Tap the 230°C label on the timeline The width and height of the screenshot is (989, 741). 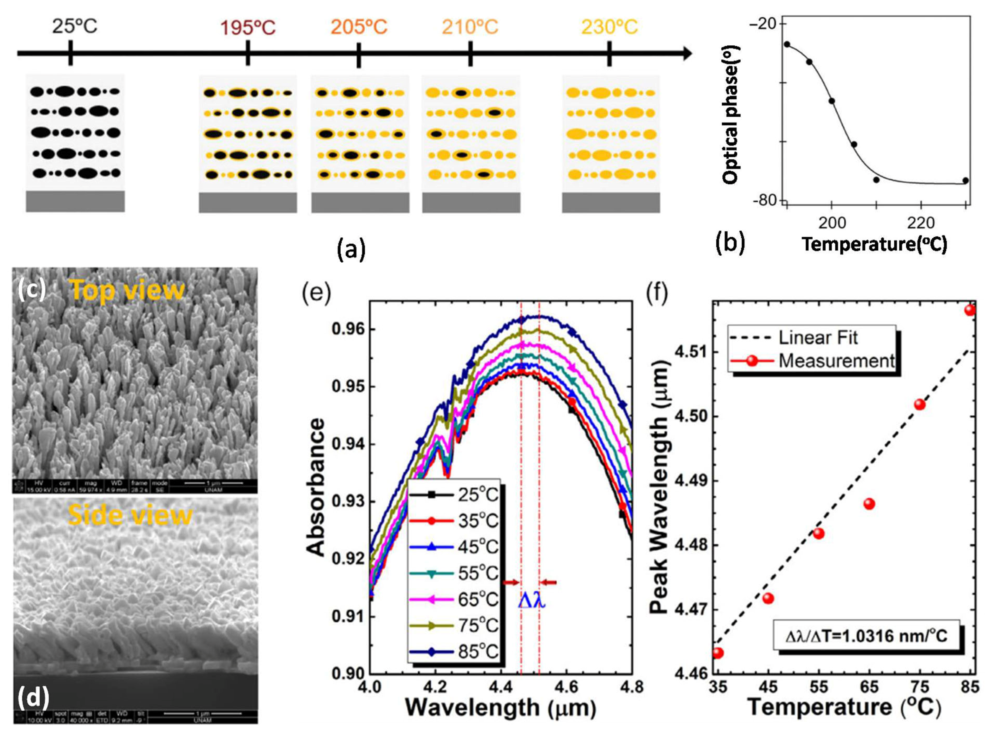tap(609, 27)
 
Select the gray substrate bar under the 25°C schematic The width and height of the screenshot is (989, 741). tap(75, 201)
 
